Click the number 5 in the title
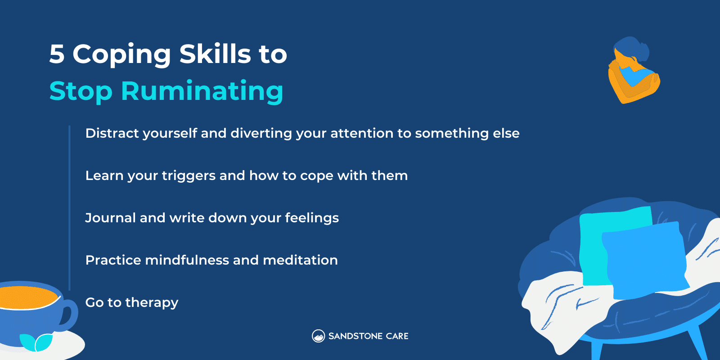click(57, 54)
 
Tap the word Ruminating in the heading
click(202, 91)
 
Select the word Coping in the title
click(121, 55)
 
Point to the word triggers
click(189, 176)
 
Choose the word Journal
click(110, 218)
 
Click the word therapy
click(152, 303)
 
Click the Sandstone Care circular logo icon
click(318, 336)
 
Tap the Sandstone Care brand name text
click(368, 336)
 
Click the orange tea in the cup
click(27, 297)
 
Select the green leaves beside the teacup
click(36, 342)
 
